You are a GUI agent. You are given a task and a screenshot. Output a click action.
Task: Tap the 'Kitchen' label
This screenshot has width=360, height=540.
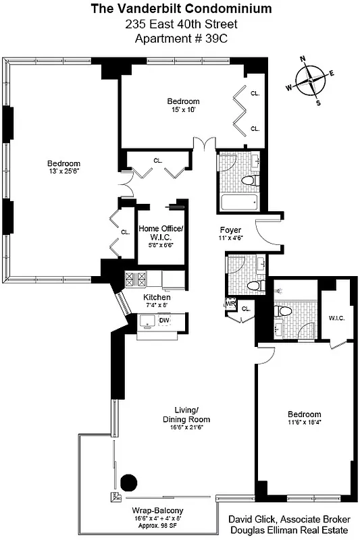[x=157, y=297]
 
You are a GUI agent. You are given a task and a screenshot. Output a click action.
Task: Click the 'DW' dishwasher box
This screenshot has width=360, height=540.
[x=164, y=320]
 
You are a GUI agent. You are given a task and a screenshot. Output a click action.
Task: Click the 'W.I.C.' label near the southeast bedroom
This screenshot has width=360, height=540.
[x=337, y=318]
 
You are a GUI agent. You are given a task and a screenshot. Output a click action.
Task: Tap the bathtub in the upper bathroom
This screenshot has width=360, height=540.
[x=239, y=200]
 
